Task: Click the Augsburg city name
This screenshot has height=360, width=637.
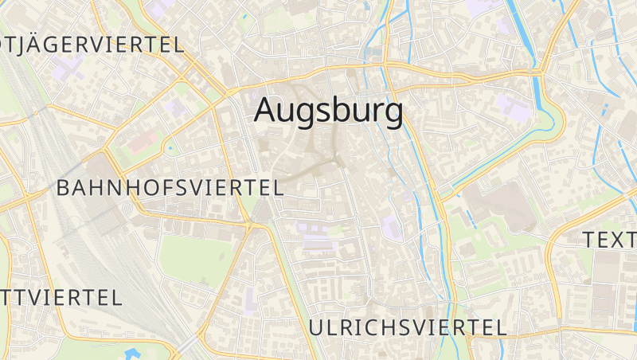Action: click(x=328, y=112)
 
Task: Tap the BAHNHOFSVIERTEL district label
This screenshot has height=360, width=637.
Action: click(x=170, y=188)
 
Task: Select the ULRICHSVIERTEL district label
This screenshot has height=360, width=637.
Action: click(x=407, y=327)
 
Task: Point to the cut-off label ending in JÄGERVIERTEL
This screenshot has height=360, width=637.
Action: click(x=92, y=45)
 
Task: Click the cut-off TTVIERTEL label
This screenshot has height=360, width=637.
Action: click(x=61, y=298)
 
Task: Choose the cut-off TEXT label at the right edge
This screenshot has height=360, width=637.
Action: click(x=609, y=239)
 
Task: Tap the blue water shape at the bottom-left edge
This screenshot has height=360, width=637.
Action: click(x=132, y=354)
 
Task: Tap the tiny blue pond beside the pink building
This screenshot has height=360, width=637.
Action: click(x=170, y=147)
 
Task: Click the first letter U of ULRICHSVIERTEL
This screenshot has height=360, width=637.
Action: click(x=315, y=327)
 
